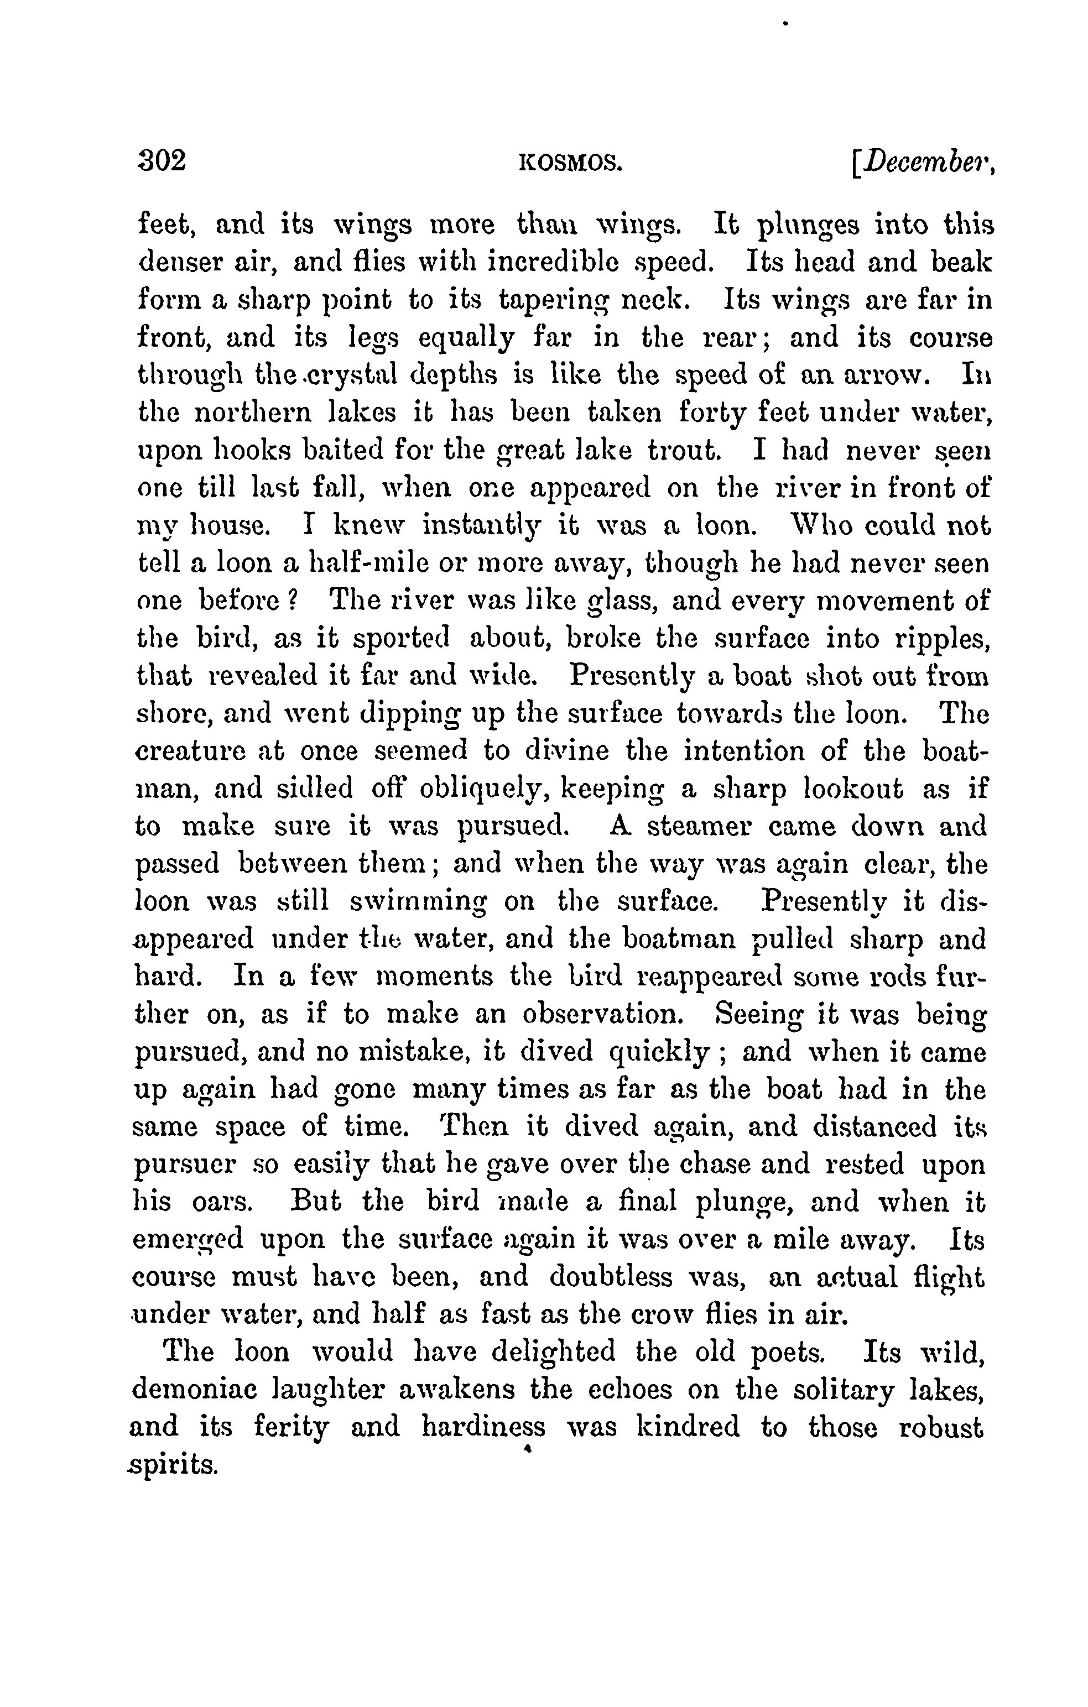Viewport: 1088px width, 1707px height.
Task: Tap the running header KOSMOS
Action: (x=571, y=164)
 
